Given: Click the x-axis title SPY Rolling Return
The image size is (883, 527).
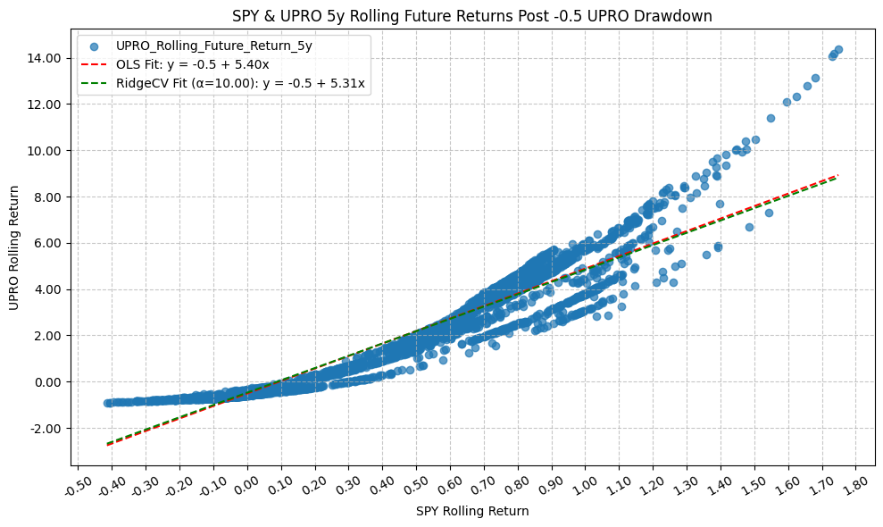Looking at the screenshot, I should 472,512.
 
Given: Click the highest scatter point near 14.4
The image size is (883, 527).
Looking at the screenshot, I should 838,50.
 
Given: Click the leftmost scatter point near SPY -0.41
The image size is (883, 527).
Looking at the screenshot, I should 108,403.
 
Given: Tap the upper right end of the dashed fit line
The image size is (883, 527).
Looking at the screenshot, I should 837,176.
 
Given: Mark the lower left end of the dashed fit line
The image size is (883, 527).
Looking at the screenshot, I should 108,444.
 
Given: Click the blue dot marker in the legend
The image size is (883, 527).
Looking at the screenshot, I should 94,45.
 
